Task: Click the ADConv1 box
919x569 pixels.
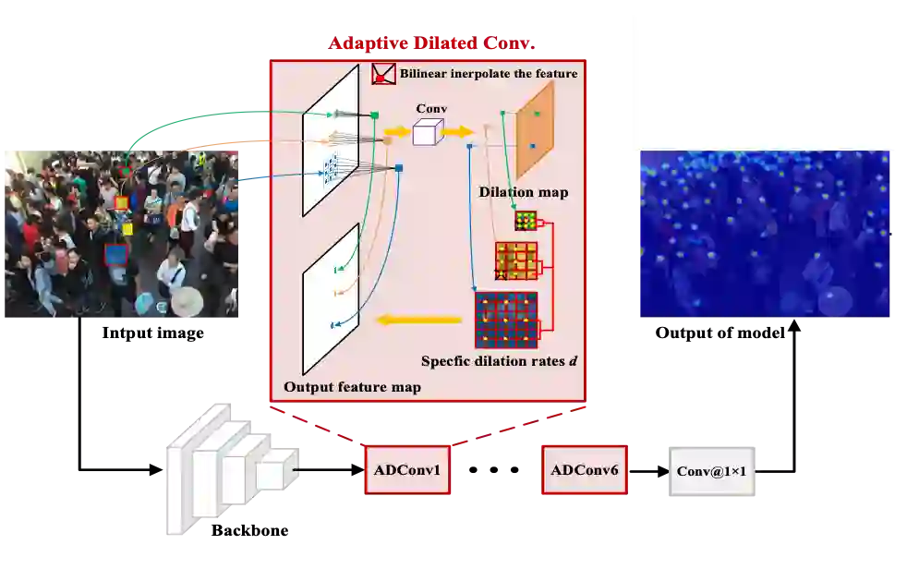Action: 407,470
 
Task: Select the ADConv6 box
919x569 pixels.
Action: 584,470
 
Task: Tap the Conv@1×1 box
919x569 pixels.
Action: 712,471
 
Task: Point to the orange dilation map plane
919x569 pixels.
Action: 535,130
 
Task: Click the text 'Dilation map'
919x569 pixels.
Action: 523,192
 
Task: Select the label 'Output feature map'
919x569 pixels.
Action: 352,387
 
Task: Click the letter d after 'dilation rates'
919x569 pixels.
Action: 573,360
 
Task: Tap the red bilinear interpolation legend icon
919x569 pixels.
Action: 383,74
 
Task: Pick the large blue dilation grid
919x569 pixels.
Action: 506,320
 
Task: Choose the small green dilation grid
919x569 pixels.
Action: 526,220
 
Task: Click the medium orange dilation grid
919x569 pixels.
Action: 515,260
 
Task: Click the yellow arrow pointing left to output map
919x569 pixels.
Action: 417,321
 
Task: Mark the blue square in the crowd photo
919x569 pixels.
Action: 115,254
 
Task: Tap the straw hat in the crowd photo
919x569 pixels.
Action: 187,301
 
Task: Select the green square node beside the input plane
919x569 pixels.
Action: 375,115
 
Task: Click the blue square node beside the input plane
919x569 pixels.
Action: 399,168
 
